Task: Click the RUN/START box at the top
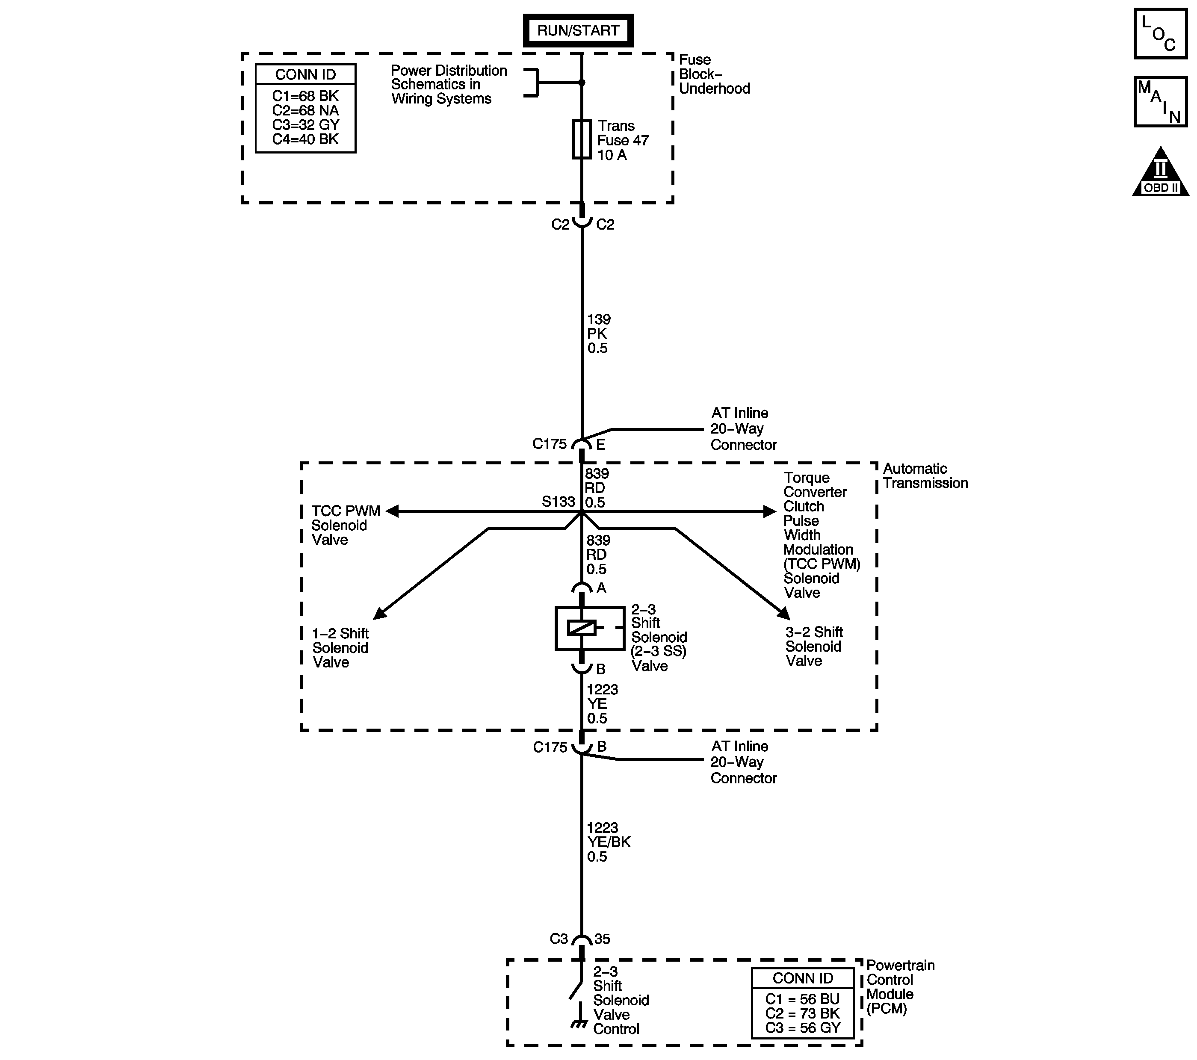coord(578,30)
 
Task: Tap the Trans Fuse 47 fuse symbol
coord(582,139)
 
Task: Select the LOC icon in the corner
coord(1160,34)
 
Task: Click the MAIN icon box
coord(1160,102)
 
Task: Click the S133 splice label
coord(558,502)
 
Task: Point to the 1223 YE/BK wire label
coord(609,842)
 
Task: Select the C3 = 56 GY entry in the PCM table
coord(802,1028)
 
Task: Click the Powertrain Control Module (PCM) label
coord(900,987)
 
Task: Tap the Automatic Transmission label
coord(925,476)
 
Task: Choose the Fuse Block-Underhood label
coord(714,74)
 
